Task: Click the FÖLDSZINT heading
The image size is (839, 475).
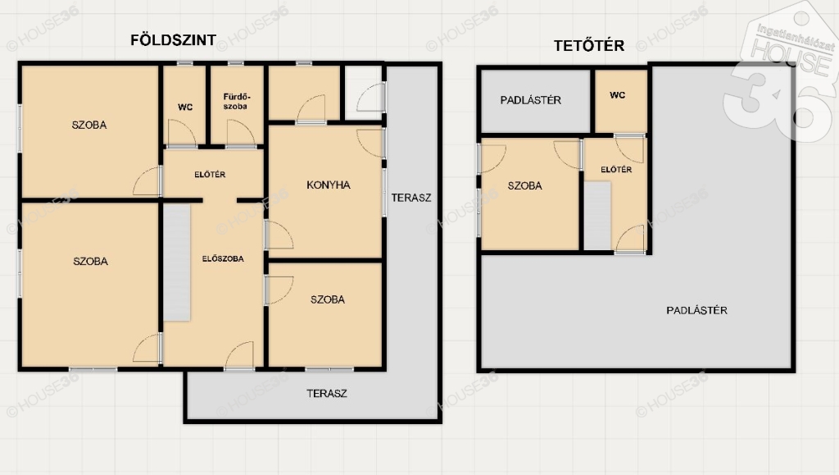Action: [174, 40]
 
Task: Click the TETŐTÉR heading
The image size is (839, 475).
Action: [589, 45]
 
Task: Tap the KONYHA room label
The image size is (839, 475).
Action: [329, 185]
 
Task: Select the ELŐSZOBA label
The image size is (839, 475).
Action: [223, 258]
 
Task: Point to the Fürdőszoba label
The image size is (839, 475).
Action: [236, 102]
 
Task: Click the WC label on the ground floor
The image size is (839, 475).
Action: [185, 107]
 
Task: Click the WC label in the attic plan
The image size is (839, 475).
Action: [618, 95]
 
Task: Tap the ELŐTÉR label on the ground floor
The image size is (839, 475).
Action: [210, 175]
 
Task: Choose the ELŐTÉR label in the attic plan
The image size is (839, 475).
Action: [616, 169]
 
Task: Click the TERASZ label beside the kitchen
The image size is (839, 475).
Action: [411, 198]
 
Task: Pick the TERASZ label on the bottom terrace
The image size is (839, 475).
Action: [327, 393]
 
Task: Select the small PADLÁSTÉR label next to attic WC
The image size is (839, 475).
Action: [531, 100]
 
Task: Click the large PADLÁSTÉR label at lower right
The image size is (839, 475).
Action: [696, 310]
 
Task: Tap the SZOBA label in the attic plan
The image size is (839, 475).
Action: [525, 186]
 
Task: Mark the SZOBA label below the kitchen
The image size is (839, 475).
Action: [328, 299]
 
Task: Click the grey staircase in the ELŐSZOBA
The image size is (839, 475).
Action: [177, 263]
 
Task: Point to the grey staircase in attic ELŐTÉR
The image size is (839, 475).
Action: [597, 215]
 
